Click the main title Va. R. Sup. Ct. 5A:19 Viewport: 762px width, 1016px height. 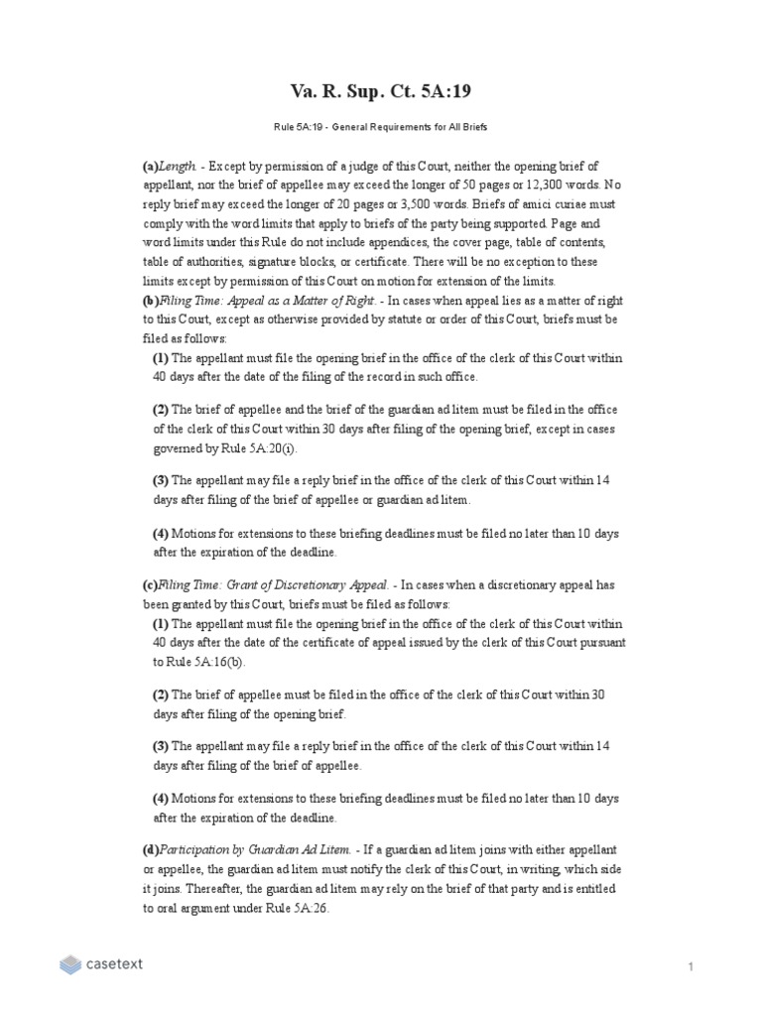coord(381,92)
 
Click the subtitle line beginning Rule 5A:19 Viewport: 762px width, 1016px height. coord(381,128)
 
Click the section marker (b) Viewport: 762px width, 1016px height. coord(151,302)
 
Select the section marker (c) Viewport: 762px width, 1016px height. coord(151,585)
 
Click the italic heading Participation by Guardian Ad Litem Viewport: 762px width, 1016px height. coord(257,850)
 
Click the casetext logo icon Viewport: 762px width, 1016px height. coord(70,963)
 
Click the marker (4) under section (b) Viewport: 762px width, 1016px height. coord(161,533)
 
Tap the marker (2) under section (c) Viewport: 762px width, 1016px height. coord(161,695)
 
